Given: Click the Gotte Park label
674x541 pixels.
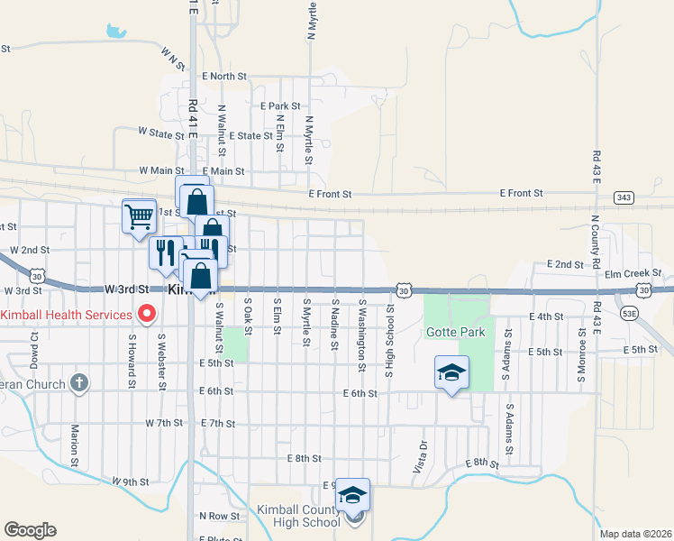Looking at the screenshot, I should [x=456, y=333].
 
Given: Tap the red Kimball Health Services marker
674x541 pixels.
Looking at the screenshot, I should [x=145, y=315].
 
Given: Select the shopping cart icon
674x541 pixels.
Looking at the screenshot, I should [x=139, y=215].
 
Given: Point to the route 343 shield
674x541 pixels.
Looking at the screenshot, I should [x=623, y=197].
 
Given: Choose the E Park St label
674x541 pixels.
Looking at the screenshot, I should [x=280, y=105].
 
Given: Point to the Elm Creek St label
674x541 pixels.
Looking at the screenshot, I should [x=633, y=273].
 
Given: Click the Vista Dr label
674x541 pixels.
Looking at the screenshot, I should [x=419, y=457].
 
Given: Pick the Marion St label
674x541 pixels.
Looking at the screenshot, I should [x=75, y=442].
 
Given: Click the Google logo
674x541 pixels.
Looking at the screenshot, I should [x=30, y=530].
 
